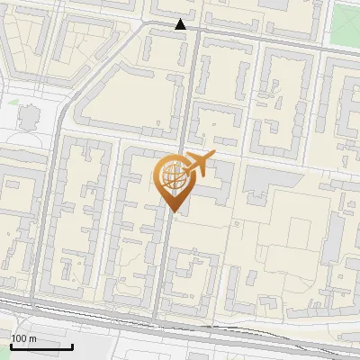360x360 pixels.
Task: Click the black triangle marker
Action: click(182, 24)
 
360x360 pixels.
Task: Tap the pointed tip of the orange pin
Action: click(174, 211)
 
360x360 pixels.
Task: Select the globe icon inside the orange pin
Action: click(174, 176)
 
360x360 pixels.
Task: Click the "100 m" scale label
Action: click(24, 338)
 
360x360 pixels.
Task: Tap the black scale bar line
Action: click(41, 347)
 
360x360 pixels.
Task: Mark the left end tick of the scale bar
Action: click(11, 345)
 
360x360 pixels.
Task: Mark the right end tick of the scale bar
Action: click(73, 345)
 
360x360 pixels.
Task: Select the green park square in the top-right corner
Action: click(347, 18)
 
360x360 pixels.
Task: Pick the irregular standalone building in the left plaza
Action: click(30, 118)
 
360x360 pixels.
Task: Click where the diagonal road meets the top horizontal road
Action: click(144, 27)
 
